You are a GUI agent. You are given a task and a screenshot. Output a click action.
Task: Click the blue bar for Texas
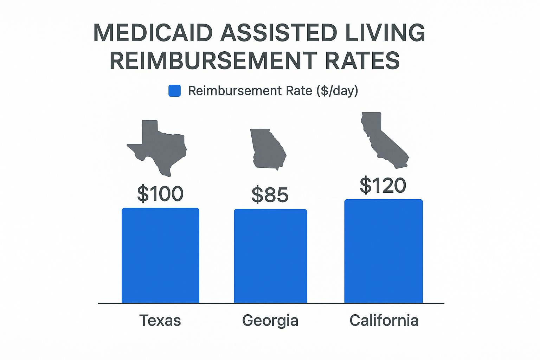(160, 255)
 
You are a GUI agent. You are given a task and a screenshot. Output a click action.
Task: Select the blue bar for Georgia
(270, 256)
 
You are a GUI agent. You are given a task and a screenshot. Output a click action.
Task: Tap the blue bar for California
(383, 251)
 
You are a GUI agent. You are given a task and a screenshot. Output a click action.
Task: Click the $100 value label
(160, 194)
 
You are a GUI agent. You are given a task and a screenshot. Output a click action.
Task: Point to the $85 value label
(270, 195)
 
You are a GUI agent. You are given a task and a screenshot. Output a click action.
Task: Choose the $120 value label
(383, 185)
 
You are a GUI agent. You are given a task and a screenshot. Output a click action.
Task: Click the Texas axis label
(160, 321)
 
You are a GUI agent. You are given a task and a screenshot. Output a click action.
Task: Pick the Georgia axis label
(270, 321)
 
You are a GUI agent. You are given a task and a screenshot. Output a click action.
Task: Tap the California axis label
(384, 321)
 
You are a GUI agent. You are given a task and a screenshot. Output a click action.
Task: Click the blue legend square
(175, 91)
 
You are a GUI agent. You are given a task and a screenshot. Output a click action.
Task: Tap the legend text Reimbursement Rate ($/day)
(273, 91)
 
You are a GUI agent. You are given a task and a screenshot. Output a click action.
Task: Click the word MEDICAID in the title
(153, 33)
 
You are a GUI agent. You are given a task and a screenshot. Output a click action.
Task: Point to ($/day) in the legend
(337, 91)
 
